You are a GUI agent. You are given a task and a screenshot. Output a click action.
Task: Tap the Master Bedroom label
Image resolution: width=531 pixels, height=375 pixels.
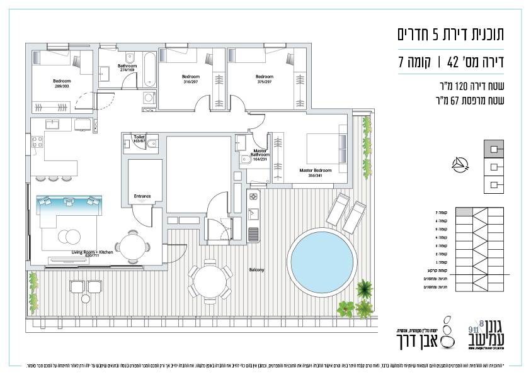tap(315, 170)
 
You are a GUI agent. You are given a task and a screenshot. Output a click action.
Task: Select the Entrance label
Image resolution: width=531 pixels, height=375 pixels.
tap(142, 196)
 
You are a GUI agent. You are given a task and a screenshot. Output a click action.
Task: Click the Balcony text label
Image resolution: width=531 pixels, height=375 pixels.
tap(256, 270)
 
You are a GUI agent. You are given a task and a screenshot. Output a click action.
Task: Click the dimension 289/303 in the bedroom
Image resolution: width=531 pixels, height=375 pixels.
tap(62, 86)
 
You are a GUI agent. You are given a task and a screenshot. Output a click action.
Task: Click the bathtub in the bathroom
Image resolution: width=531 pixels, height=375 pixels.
tap(149, 70)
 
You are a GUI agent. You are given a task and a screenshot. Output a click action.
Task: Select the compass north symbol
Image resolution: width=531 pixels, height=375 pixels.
tap(461, 165)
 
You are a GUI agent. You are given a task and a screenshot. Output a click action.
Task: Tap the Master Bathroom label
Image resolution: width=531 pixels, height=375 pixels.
tap(260, 156)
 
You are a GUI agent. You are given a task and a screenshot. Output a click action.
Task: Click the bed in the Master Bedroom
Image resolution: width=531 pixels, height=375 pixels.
tap(326, 150)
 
